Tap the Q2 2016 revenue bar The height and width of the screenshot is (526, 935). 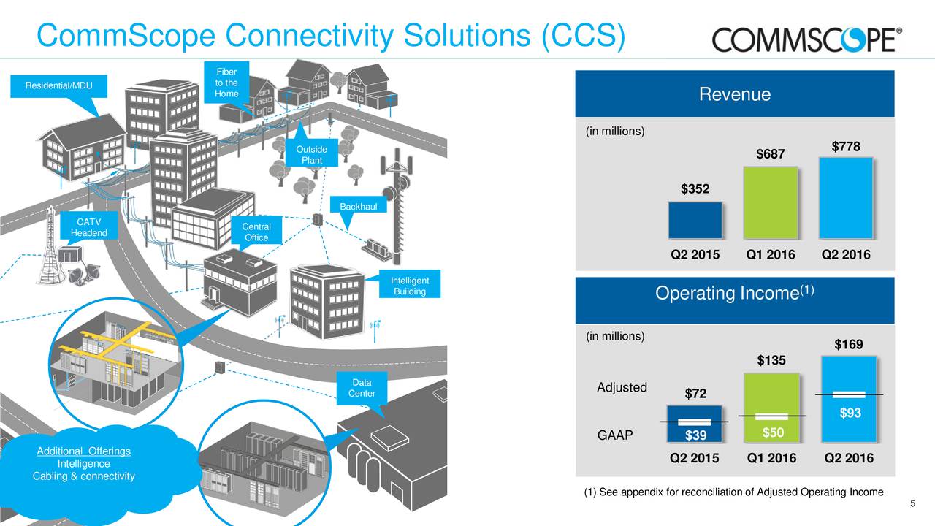[846, 198]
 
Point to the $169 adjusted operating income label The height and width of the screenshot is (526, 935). [848, 344]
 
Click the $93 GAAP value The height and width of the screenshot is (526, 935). [850, 413]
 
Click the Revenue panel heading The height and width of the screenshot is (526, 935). [735, 94]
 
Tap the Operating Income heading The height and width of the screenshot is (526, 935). [735, 294]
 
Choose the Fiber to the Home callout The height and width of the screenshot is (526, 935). [226, 83]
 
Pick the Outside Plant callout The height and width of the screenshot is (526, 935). [311, 155]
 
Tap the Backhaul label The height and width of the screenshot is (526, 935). [358, 207]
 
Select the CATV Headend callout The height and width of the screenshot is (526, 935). [88, 227]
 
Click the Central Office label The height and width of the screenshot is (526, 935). [256, 232]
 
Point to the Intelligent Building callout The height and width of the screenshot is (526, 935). [410, 286]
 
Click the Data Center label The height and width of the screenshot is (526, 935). [362, 388]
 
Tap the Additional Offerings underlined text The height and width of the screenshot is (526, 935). [83, 451]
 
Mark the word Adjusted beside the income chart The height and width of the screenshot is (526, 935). [622, 387]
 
